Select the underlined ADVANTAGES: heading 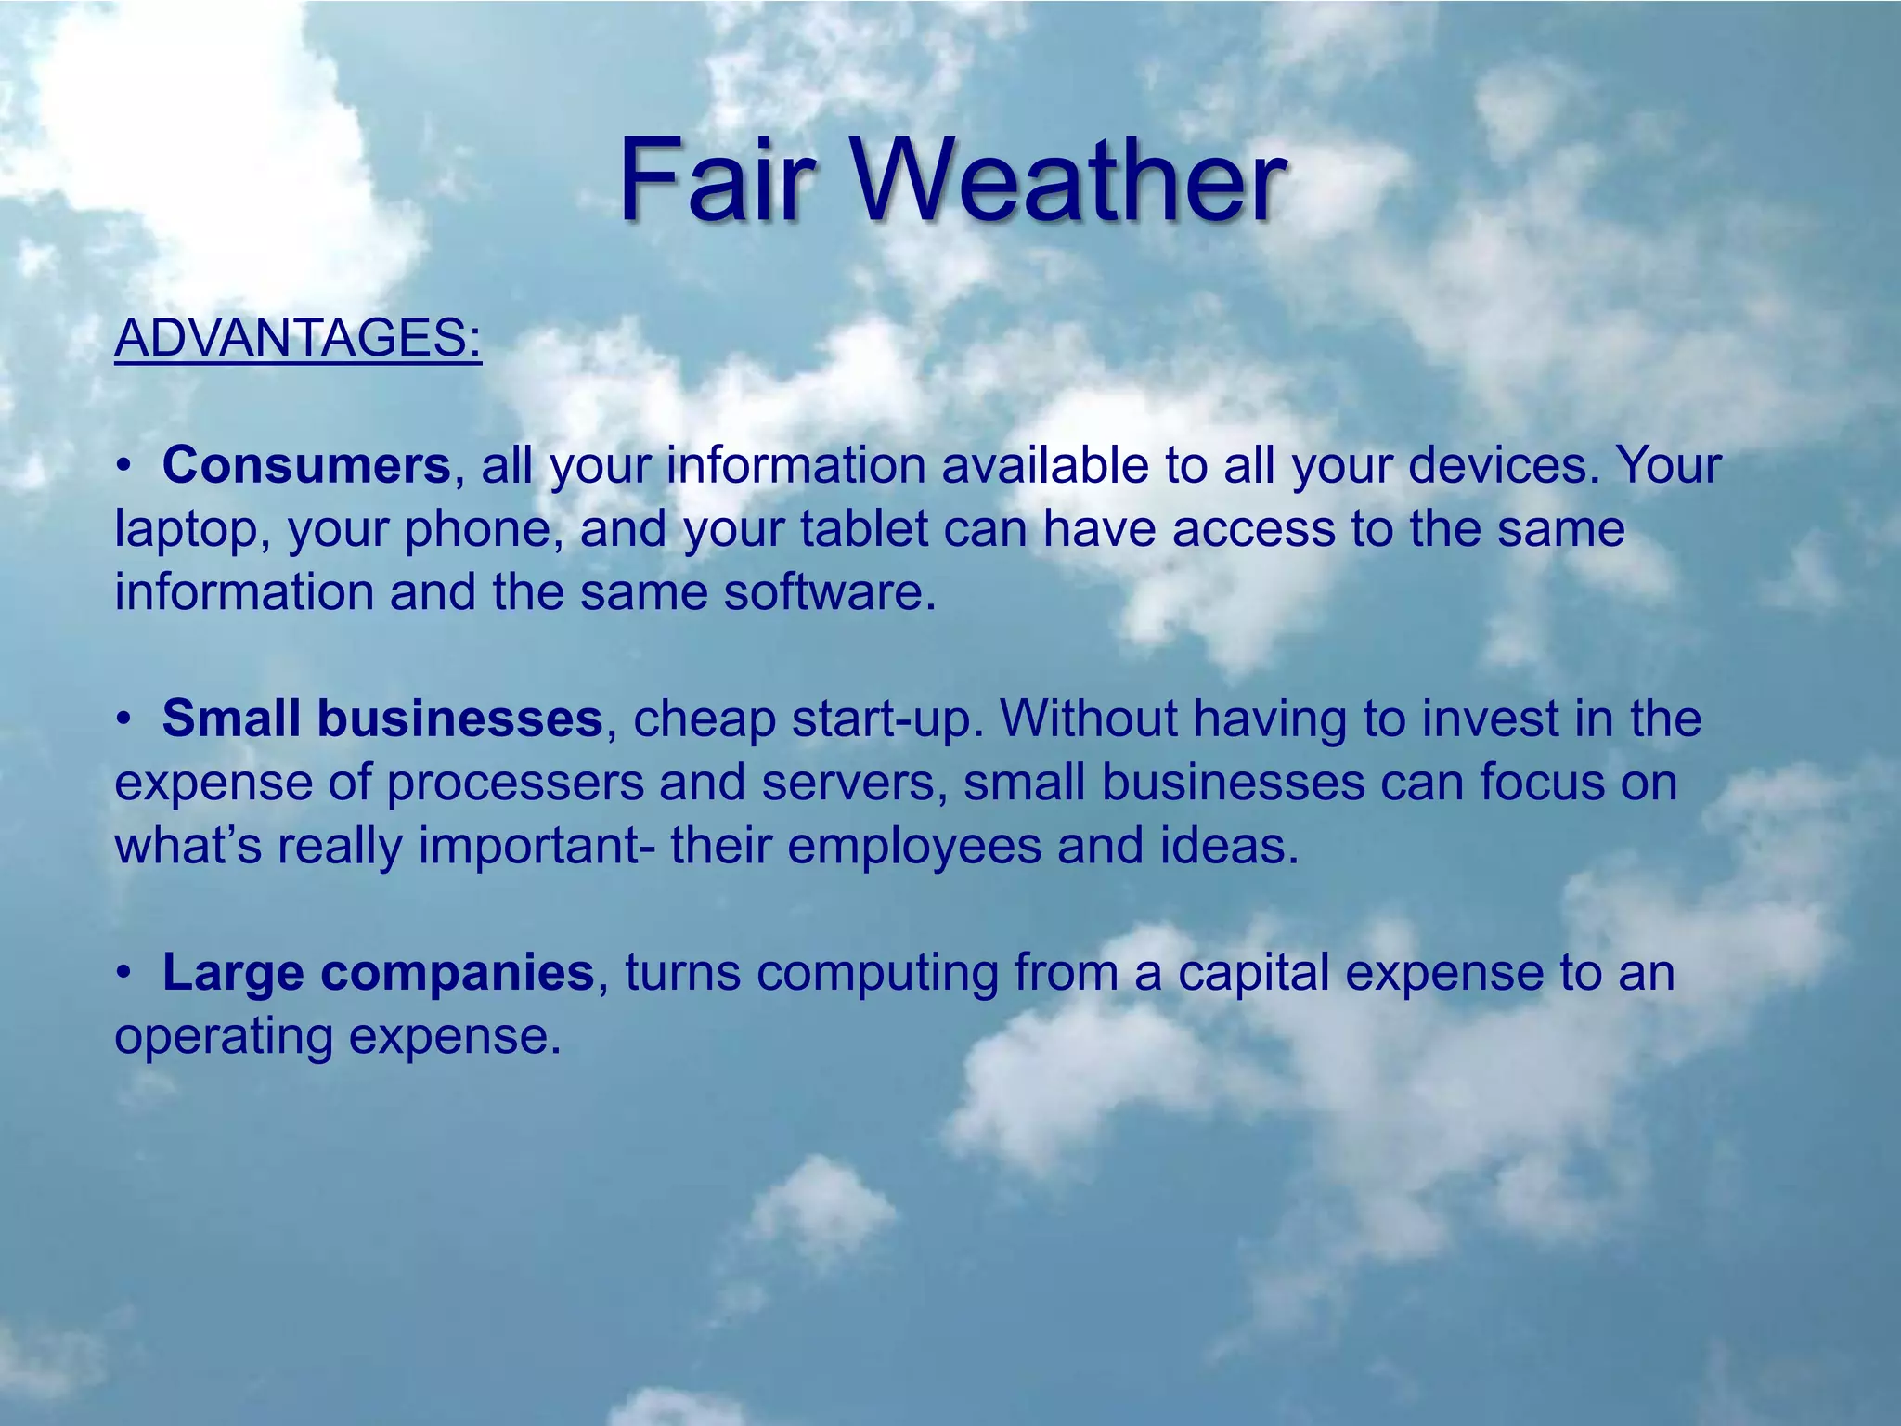[x=298, y=338]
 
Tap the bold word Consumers [x=306, y=465]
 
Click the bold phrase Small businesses [x=382, y=719]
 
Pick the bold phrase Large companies [x=378, y=972]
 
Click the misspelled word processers [x=515, y=784]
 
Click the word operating [x=223, y=1038]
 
